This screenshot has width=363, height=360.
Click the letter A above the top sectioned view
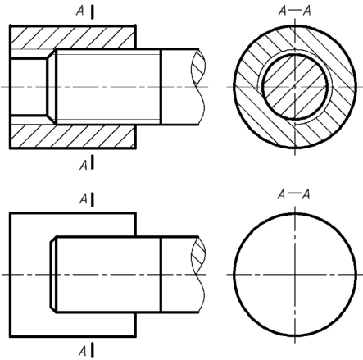coord(79,11)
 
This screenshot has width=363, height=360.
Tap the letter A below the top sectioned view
coord(84,165)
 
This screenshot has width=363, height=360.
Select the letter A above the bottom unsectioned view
coord(84,199)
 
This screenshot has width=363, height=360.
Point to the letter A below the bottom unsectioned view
coord(83,351)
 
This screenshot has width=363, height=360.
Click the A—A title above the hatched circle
coord(294,11)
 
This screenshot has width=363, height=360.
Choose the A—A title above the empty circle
coord(293,194)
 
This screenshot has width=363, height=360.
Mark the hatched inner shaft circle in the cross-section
coord(295,87)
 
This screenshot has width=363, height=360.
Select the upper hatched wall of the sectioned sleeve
coord(72,38)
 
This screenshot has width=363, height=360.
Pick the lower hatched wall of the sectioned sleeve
coord(72,136)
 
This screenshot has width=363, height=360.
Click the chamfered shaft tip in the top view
coord(52,87)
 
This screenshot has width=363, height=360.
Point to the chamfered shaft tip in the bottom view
coord(53,274)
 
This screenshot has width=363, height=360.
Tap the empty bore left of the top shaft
coord(29,87)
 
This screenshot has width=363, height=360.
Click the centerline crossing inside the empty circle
coord(295,274)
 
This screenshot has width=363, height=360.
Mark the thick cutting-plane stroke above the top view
coord(93,11)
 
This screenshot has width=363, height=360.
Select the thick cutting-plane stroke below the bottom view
coord(93,349)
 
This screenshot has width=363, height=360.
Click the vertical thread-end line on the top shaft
coord(161,87)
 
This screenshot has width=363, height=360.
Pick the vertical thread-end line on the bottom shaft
coord(161,274)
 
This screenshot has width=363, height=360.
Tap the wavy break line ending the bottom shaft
coord(201,274)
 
